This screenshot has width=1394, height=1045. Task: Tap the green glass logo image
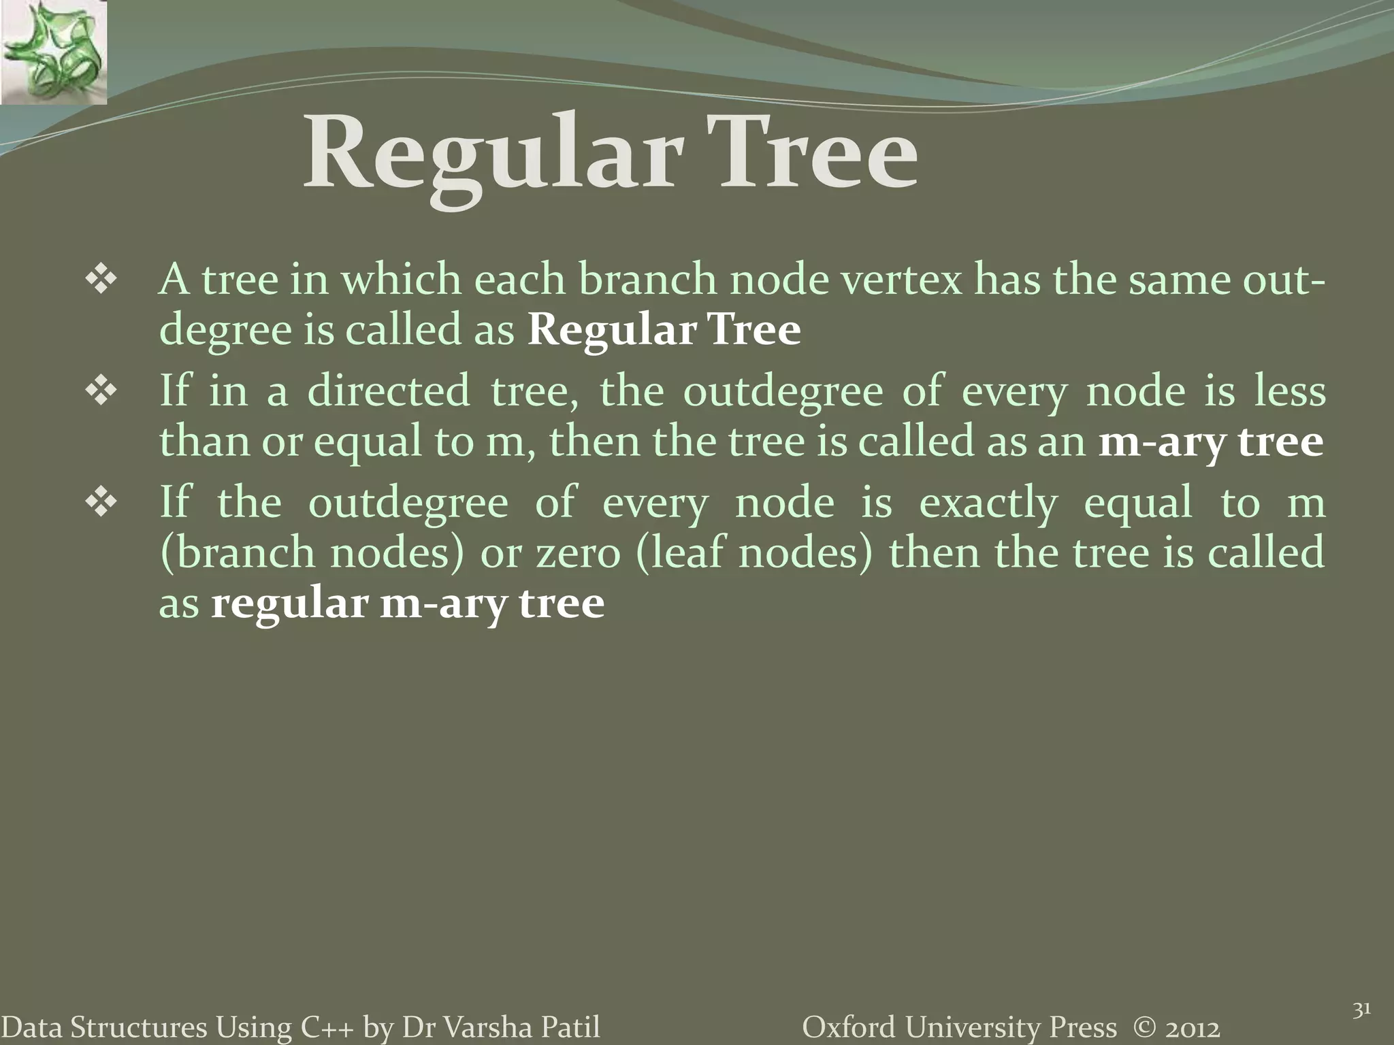53,53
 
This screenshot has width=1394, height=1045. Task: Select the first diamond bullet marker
100,281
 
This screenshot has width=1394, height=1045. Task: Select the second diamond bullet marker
100,393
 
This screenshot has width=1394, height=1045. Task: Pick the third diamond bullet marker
100,504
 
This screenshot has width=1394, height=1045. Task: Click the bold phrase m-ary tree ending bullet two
1211,442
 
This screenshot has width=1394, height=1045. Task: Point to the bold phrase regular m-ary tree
407,603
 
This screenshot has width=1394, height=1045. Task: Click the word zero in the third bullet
579,552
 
